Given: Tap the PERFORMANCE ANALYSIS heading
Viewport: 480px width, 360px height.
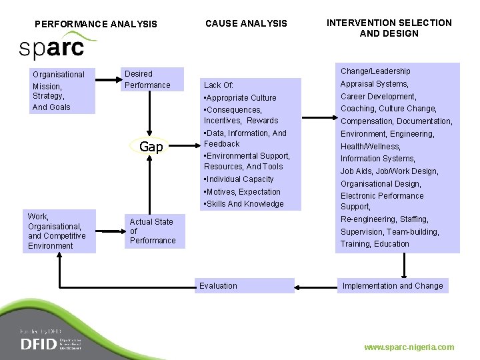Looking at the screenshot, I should click(96, 24).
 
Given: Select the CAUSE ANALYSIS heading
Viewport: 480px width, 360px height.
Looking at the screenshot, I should click(246, 23).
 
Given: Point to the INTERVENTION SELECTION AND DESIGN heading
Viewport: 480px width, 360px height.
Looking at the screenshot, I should click(389, 28).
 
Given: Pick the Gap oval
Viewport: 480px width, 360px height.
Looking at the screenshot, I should click(151, 147).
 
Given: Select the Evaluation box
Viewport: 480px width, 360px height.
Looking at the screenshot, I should click(245, 286).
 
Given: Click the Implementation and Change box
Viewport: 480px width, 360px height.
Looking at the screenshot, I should click(392, 286).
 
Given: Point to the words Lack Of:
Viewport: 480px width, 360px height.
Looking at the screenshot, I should click(219, 85).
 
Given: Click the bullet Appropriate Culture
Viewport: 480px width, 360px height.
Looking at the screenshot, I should click(241, 98).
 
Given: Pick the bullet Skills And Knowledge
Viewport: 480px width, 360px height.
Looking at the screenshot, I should click(245, 204).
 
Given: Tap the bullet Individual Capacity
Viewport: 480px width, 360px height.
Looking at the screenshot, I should click(240, 179).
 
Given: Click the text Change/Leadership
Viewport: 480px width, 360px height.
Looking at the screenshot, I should click(375, 71).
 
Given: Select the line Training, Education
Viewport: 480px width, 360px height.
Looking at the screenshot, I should click(375, 244).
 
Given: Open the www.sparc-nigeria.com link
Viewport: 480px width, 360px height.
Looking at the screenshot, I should click(409, 347).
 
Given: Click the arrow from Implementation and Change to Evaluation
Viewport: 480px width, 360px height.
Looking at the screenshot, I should click(315, 287).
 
